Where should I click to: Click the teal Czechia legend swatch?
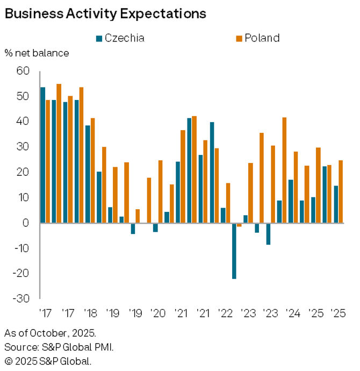click(x=99, y=38)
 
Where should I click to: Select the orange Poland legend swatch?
click(x=239, y=38)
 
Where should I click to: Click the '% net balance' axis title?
click(x=37, y=53)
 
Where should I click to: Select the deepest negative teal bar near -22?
click(x=234, y=251)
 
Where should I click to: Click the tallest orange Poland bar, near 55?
click(x=59, y=153)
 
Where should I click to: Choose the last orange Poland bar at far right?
click(x=340, y=191)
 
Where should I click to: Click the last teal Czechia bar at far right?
click(x=335, y=204)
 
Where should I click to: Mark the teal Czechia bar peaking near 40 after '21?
click(x=212, y=172)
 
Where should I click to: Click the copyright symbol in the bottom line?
click(x=8, y=360)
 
